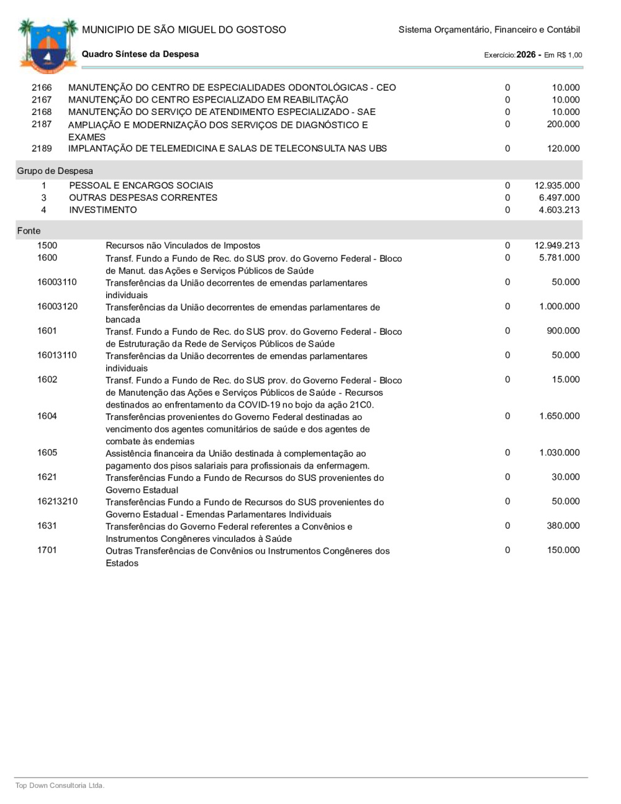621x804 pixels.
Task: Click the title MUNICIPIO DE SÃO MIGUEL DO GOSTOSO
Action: (184, 30)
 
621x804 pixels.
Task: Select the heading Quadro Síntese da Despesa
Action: (140, 54)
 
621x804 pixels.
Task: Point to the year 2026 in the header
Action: (526, 55)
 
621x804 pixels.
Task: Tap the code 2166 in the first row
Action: (42, 88)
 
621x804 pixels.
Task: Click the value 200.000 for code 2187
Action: (563, 124)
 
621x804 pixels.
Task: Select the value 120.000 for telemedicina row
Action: (563, 148)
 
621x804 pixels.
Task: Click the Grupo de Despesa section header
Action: (55, 171)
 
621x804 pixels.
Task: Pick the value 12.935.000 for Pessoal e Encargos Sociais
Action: (557, 185)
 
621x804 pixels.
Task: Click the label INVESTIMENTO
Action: (103, 210)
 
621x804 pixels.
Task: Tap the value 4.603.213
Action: (559, 210)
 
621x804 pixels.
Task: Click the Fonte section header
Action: (29, 231)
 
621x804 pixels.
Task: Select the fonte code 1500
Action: (47, 245)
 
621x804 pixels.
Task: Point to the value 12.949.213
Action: (557, 245)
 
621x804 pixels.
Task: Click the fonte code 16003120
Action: (57, 306)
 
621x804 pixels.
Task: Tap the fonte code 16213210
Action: (57, 501)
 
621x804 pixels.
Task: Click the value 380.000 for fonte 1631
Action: (563, 526)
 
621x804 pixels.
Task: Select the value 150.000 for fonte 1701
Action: (563, 550)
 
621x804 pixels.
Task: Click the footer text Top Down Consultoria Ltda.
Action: (60, 786)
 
